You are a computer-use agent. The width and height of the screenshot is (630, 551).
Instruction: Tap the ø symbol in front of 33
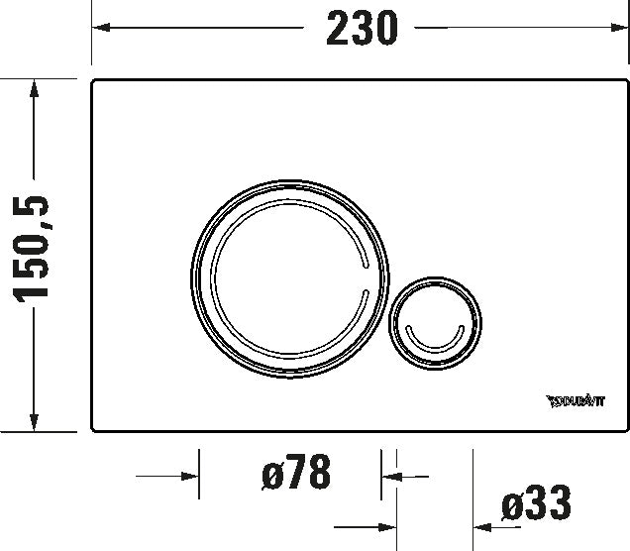[x=512, y=506]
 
